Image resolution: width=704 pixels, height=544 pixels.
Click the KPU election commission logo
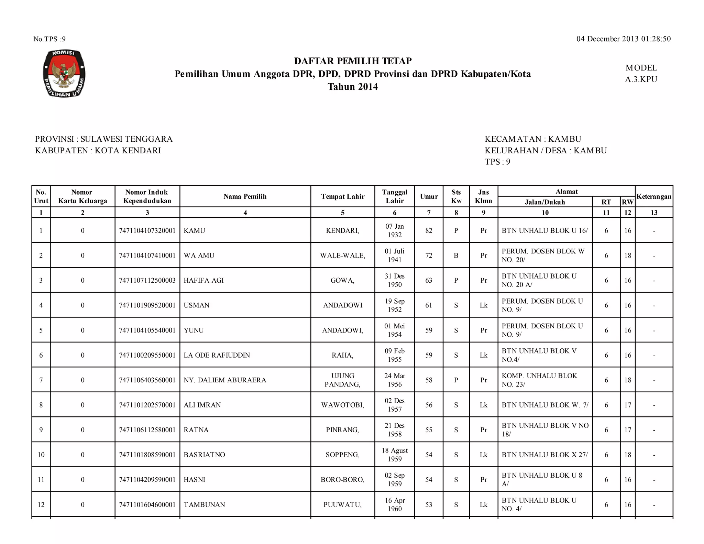click(x=64, y=73)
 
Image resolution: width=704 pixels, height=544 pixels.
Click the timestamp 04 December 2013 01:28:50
click(x=623, y=39)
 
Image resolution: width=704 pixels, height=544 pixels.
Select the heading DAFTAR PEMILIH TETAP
click(x=353, y=61)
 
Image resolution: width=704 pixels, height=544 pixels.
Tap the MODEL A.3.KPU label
click(x=641, y=74)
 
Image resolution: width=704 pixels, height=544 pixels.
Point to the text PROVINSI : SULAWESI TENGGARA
click(x=104, y=139)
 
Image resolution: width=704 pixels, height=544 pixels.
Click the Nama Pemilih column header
click(x=245, y=196)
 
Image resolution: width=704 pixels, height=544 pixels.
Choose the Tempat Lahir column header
click(x=343, y=196)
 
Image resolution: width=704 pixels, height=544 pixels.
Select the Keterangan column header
click(x=654, y=196)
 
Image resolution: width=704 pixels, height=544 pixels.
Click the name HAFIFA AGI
click(x=203, y=280)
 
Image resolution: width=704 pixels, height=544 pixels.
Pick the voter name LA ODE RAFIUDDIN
click(x=217, y=355)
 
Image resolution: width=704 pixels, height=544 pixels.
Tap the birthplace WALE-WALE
click(x=342, y=255)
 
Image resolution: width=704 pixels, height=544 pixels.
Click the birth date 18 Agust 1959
click(x=395, y=455)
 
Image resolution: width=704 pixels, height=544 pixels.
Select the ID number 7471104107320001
click(x=147, y=231)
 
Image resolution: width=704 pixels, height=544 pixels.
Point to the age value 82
click(x=429, y=231)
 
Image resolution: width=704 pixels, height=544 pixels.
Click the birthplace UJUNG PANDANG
click(x=342, y=380)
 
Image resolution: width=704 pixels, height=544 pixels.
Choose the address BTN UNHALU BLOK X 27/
click(x=544, y=455)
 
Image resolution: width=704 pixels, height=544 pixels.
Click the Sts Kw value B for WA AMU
click(x=456, y=255)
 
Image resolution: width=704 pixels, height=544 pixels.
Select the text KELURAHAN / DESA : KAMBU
click(x=546, y=150)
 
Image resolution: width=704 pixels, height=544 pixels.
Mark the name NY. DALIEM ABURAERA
click(x=225, y=380)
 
